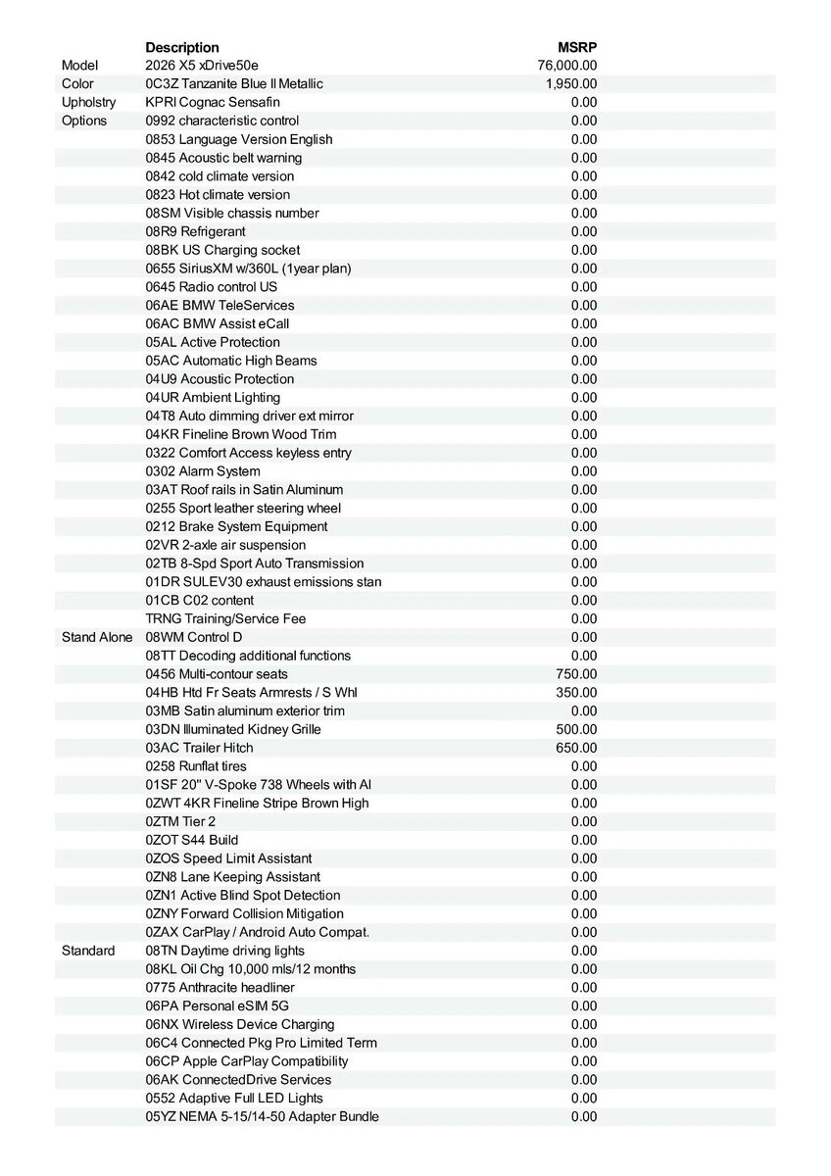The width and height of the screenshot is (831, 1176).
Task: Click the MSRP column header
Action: pyautogui.click(x=576, y=47)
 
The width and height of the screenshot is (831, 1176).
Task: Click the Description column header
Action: pyautogui.click(x=182, y=47)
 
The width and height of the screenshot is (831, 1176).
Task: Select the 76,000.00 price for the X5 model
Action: pyautogui.click(x=567, y=66)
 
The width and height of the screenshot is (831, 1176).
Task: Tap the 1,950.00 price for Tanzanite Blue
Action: pyautogui.click(x=571, y=84)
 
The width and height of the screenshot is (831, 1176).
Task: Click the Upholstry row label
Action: pyautogui.click(x=88, y=102)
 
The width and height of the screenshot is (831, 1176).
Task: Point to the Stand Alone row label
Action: pyautogui.click(x=96, y=637)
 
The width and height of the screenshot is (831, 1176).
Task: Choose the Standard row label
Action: pyautogui.click(x=88, y=951)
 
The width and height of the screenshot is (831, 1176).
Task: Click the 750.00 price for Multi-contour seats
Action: pyautogui.click(x=576, y=674)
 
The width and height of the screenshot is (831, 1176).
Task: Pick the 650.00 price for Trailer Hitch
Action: pyautogui.click(x=576, y=748)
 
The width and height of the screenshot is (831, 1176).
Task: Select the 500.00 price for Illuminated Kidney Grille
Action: pyautogui.click(x=576, y=729)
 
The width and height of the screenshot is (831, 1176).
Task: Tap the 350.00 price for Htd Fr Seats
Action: pyautogui.click(x=576, y=692)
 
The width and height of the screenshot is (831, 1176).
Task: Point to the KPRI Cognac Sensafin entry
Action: pyautogui.click(x=213, y=102)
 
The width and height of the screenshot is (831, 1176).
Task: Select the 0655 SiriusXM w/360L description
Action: pyautogui.click(x=248, y=269)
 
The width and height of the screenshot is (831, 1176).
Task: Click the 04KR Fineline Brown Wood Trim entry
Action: pyautogui.click(x=241, y=434)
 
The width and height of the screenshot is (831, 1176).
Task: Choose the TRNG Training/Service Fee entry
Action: pyautogui.click(x=225, y=618)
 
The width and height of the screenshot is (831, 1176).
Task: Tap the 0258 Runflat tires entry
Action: pyautogui.click(x=196, y=766)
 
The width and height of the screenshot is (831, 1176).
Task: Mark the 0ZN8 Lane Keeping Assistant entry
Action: pyautogui.click(x=233, y=877)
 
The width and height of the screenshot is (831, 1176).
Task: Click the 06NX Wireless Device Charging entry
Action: pyautogui.click(x=240, y=1024)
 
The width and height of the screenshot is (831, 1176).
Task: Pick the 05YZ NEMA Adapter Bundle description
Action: pyautogui.click(x=262, y=1116)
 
